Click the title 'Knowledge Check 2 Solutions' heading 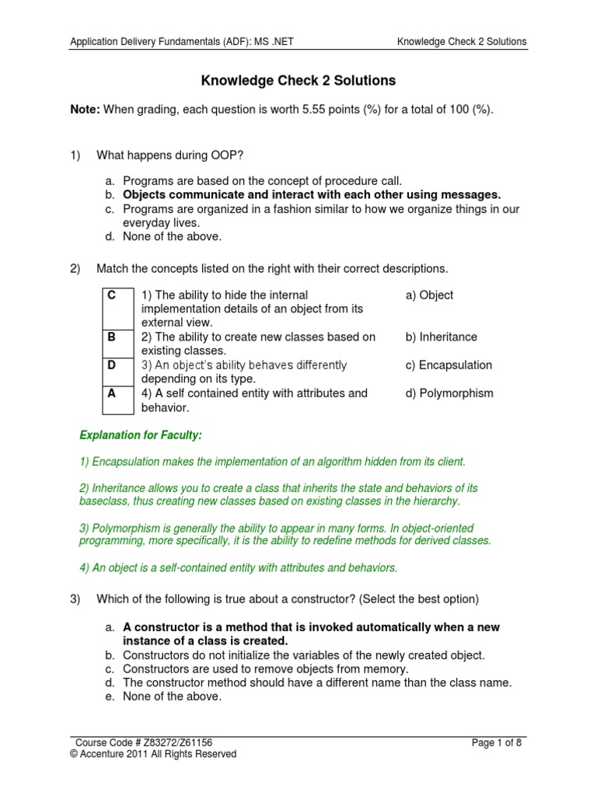point(299,80)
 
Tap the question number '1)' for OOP point(75,155)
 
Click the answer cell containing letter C point(113,295)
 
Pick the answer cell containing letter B point(113,337)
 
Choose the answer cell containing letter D point(113,365)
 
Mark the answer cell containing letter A point(113,393)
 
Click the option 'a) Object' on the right point(429,295)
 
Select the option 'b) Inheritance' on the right point(441,337)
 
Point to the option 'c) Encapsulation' point(449,365)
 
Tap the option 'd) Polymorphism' point(449,393)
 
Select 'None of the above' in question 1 point(172,236)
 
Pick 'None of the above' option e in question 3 point(172,696)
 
